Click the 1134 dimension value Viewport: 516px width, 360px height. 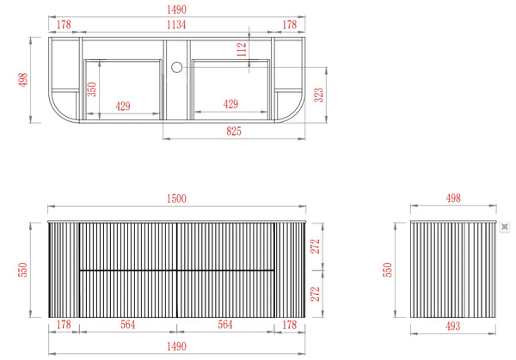[x=176, y=25]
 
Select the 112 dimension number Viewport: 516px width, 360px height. [x=242, y=49]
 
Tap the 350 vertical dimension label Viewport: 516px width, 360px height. [x=92, y=89]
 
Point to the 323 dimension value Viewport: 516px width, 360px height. [x=319, y=95]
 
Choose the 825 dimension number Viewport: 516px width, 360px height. [x=234, y=131]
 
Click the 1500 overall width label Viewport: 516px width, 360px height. [x=176, y=198]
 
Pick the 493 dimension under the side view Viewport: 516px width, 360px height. [x=453, y=326]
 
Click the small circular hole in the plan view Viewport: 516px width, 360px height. [x=176, y=67]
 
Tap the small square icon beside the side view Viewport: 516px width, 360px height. [x=505, y=227]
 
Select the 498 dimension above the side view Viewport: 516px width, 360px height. [x=453, y=198]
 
